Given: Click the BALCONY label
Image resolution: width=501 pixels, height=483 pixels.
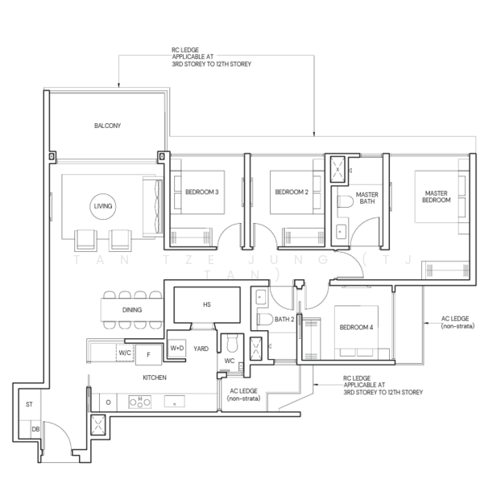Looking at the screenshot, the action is [x=107, y=126].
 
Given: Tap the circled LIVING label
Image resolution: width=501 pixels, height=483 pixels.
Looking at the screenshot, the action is [x=103, y=206].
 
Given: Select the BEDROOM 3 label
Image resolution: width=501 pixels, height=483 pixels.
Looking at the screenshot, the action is [x=202, y=192].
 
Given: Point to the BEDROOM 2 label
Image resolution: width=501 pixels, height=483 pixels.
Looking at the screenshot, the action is [x=292, y=192].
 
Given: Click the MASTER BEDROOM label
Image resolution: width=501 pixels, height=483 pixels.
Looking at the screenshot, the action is [x=436, y=196].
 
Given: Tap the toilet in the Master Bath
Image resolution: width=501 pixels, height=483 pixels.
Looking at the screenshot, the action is [x=345, y=201].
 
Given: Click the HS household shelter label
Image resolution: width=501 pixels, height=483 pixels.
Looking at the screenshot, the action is [x=207, y=304].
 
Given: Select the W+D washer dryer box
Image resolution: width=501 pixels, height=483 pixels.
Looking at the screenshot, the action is [x=177, y=348].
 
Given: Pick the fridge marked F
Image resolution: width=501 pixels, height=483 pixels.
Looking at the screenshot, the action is [x=148, y=355].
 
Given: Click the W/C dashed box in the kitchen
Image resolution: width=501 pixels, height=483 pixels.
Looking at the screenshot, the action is [x=125, y=353].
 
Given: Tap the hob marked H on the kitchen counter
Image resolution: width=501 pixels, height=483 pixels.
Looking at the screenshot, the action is [x=139, y=402].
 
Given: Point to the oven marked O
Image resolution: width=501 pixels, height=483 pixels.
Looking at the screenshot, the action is [x=108, y=402].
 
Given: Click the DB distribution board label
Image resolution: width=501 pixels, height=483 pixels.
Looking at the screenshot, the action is [x=35, y=429].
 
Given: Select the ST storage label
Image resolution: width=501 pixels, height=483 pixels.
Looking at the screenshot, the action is [x=29, y=404].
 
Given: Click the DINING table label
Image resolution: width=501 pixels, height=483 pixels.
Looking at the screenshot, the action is [x=132, y=310].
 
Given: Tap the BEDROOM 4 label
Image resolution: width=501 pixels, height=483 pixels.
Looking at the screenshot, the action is [x=356, y=328].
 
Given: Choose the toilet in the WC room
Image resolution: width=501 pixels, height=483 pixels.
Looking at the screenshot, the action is [x=232, y=343].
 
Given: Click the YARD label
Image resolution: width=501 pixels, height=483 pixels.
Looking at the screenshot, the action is [x=201, y=349].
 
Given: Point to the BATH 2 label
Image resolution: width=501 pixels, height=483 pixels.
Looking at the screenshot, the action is [x=284, y=320].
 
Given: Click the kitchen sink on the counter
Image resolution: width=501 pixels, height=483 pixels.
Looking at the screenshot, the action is [x=175, y=402].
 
